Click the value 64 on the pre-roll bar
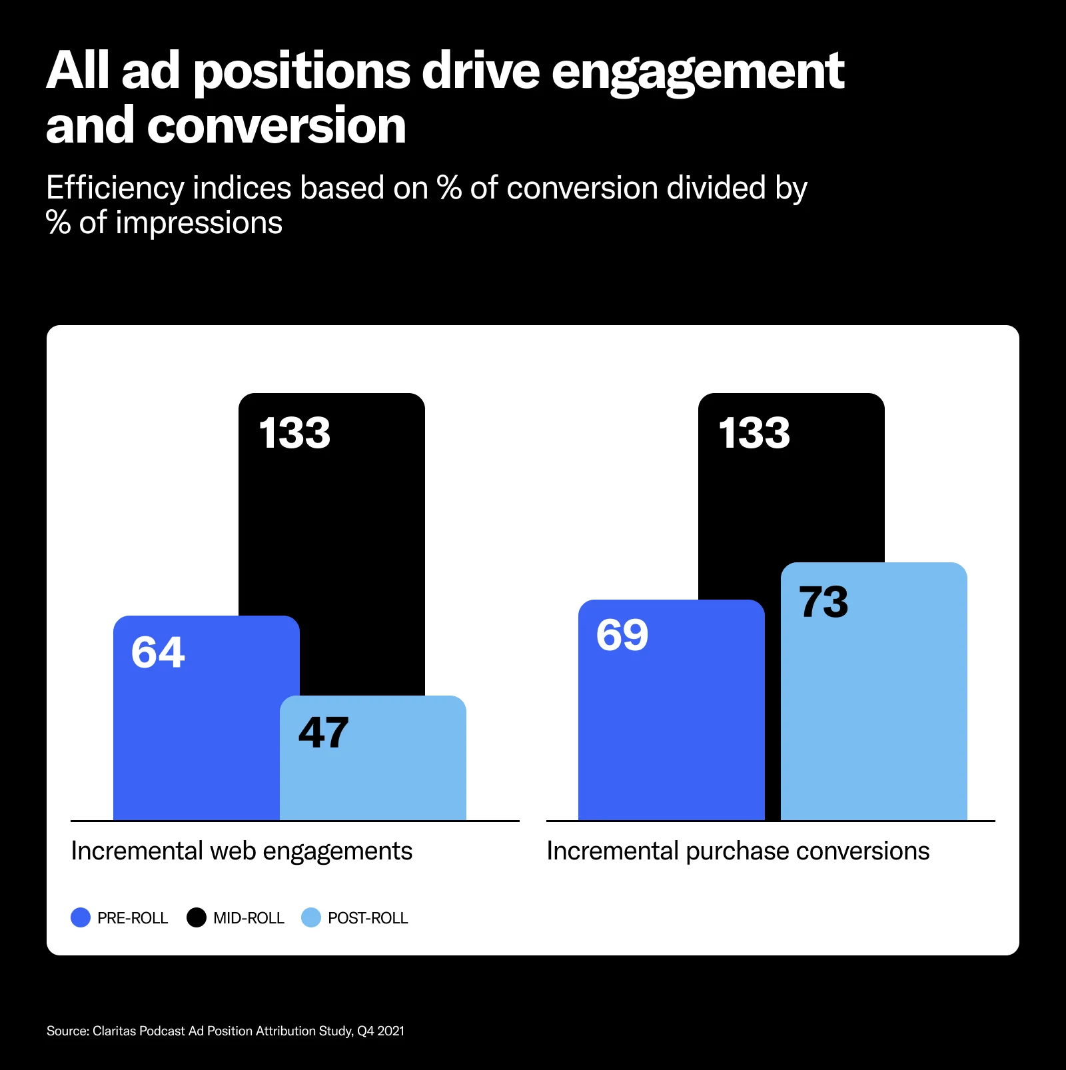tap(158, 652)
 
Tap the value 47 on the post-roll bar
tap(323, 733)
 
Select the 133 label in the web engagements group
tap(294, 433)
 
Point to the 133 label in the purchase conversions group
tap(754, 433)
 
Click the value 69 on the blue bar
tap(622, 635)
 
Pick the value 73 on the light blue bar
tap(823, 602)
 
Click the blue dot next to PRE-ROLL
tap(81, 917)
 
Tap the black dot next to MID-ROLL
tap(197, 917)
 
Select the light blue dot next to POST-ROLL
tap(311, 917)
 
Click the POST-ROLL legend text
tap(368, 918)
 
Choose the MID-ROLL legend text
tap(249, 918)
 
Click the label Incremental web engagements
tap(241, 851)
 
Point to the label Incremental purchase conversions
tap(738, 851)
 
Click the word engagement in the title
tap(698, 72)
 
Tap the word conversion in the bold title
tap(276, 126)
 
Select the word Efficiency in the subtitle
tap(115, 189)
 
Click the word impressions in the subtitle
tap(199, 223)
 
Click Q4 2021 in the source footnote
tap(380, 1031)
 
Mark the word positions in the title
tap(302, 72)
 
